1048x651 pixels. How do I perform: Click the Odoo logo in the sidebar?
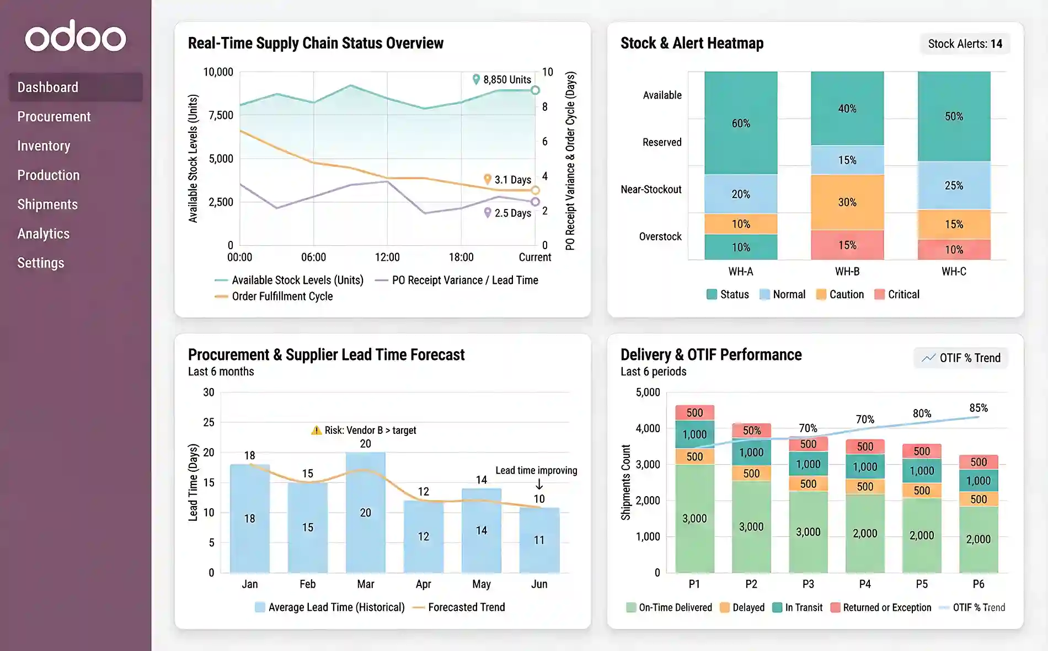point(76,36)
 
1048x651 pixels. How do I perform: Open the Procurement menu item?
point(54,117)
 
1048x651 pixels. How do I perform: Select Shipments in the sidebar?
point(47,205)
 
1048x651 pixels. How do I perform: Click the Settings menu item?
point(41,263)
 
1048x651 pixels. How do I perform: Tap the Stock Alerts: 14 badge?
point(965,44)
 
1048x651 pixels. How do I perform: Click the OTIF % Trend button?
point(961,358)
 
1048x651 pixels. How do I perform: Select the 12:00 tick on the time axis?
point(387,257)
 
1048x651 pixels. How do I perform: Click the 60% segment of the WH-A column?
point(741,123)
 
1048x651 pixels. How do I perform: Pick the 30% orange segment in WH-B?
point(847,202)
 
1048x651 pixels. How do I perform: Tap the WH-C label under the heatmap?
point(954,272)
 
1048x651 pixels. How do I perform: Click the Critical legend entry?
point(897,294)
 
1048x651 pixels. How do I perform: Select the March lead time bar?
point(365,512)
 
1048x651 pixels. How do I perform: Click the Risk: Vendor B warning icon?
point(316,431)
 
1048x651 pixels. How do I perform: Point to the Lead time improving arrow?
point(539,484)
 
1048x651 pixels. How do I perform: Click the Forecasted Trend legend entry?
point(459,607)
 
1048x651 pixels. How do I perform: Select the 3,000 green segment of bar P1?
point(694,518)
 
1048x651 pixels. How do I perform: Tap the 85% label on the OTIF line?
point(979,408)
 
